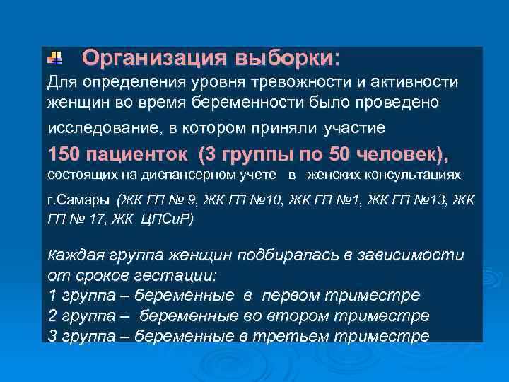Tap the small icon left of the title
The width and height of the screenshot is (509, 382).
pos(54,57)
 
